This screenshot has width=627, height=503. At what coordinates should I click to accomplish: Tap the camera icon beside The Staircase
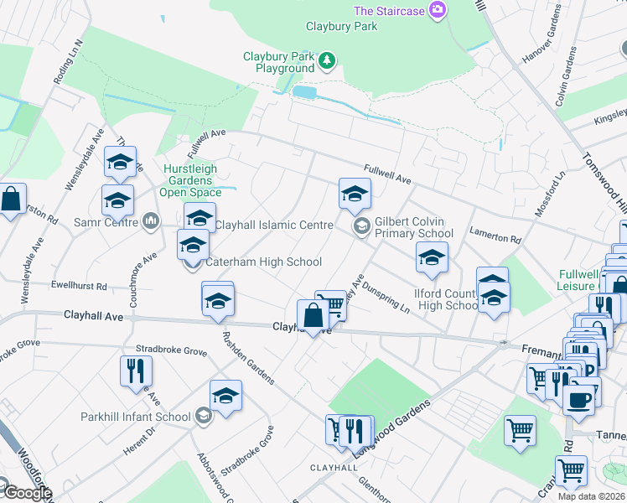tap(436, 10)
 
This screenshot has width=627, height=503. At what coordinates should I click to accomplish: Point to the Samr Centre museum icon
tap(151, 221)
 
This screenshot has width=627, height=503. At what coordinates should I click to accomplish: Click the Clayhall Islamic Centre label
tap(274, 225)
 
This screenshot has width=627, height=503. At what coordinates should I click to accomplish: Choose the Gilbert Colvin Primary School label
tap(414, 226)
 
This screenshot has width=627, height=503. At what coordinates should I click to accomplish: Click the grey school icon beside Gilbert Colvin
tap(362, 226)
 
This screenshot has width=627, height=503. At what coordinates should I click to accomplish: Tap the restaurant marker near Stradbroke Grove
tap(136, 370)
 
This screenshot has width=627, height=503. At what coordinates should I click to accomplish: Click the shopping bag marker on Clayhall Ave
tap(313, 317)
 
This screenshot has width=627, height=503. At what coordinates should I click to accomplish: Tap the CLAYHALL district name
tap(334, 467)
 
